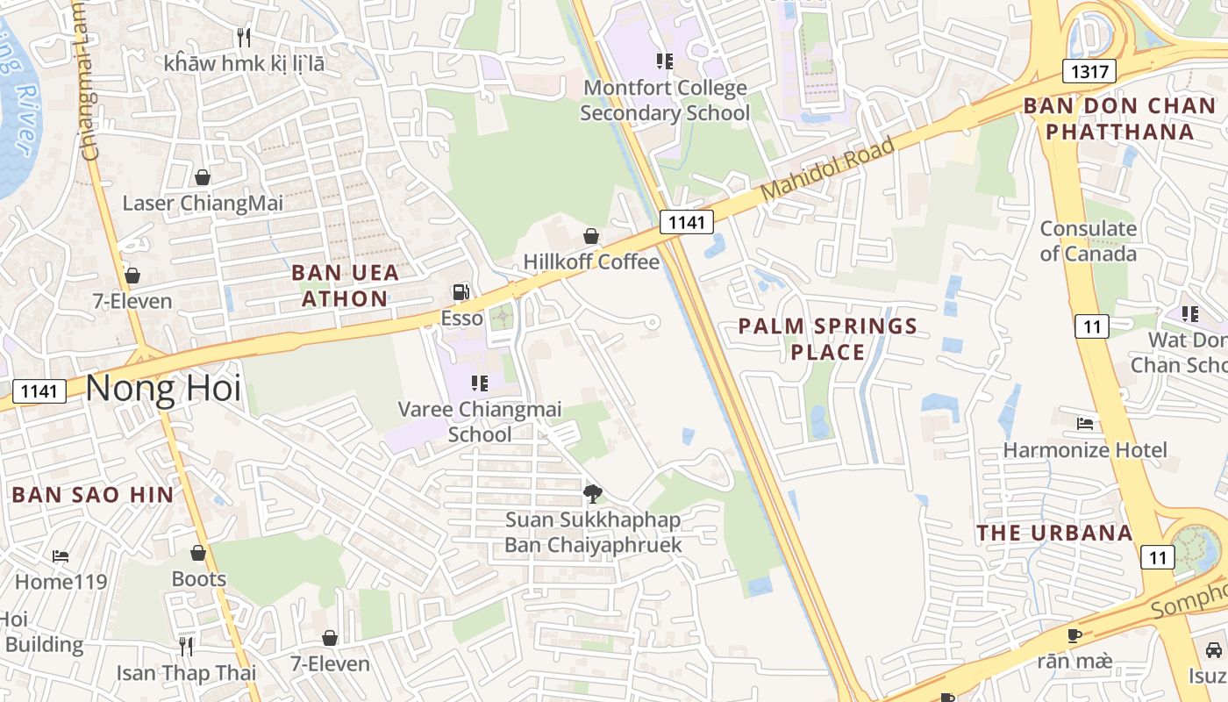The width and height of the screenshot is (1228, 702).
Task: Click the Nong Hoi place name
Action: (163, 388)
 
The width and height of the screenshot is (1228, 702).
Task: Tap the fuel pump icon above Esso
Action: (460, 292)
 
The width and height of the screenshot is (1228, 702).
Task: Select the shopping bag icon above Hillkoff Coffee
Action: (591, 236)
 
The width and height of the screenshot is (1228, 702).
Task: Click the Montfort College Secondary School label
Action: (665, 100)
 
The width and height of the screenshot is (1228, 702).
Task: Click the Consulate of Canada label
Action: (1088, 241)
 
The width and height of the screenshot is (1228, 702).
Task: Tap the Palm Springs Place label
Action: (827, 339)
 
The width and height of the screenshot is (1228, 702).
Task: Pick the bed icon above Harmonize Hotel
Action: (1085, 424)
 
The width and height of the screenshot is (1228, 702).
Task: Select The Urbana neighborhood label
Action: (1054, 533)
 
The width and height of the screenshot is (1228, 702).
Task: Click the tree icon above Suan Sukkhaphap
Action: (593, 493)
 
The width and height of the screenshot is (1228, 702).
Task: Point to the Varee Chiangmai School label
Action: (480, 421)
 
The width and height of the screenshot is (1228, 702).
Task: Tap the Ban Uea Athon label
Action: (345, 285)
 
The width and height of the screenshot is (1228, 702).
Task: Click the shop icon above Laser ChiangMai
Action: (203, 177)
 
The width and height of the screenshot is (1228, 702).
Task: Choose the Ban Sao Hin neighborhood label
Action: (93, 494)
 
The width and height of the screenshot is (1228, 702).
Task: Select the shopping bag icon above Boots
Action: (198, 553)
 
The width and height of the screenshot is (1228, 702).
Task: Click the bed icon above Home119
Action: (61, 555)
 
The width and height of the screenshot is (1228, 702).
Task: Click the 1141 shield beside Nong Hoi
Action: (39, 390)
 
